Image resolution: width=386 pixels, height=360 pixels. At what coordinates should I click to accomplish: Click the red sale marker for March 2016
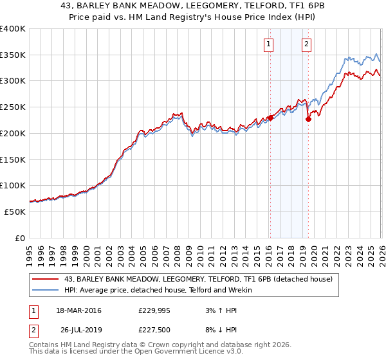point(270,118)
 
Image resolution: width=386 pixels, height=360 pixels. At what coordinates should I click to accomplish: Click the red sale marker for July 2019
point(308,119)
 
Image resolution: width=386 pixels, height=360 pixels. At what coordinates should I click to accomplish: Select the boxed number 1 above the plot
point(268,44)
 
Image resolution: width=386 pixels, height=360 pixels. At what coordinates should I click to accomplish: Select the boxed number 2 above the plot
point(306,44)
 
